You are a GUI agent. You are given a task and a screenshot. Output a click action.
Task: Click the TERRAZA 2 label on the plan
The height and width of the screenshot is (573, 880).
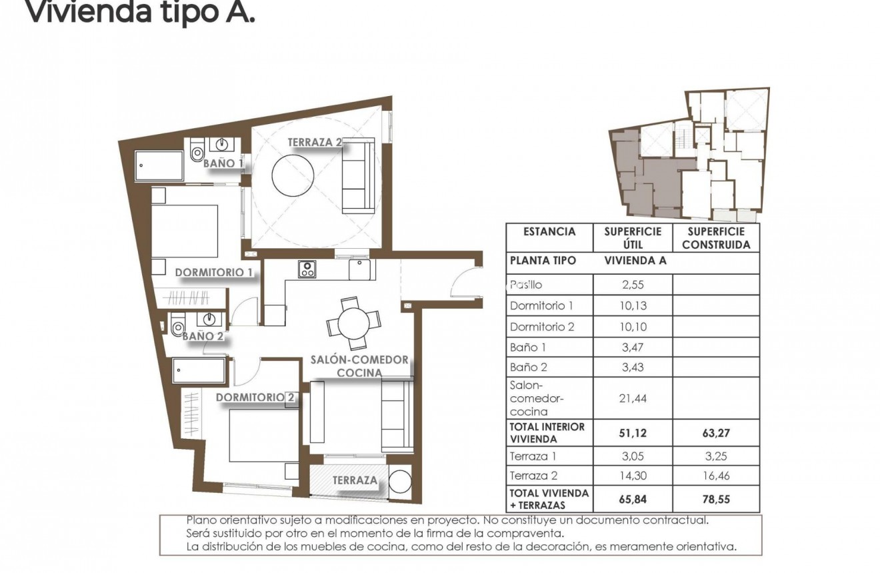(x=315, y=142)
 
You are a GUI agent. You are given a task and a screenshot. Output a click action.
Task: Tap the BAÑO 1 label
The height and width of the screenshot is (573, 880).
(x=223, y=163)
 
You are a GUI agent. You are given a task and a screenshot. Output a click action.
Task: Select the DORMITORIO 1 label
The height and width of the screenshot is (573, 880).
(x=213, y=272)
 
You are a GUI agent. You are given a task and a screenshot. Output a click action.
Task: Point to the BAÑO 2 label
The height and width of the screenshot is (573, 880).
(x=203, y=336)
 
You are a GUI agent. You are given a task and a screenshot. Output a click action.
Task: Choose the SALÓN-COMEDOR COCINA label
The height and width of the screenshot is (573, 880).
(x=359, y=366)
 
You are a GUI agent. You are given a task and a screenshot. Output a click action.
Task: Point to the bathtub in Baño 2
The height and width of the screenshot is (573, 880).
(x=199, y=371)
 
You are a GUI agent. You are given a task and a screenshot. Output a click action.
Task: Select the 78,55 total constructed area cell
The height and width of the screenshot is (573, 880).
(x=716, y=498)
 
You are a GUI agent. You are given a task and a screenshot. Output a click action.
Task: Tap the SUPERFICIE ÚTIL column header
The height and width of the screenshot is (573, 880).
(x=632, y=237)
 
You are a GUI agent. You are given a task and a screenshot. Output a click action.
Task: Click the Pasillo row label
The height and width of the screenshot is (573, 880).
(x=526, y=285)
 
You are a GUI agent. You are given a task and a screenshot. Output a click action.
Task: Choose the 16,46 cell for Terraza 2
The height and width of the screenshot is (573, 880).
(x=716, y=476)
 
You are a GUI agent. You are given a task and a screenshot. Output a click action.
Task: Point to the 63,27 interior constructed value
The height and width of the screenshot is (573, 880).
(x=716, y=433)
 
